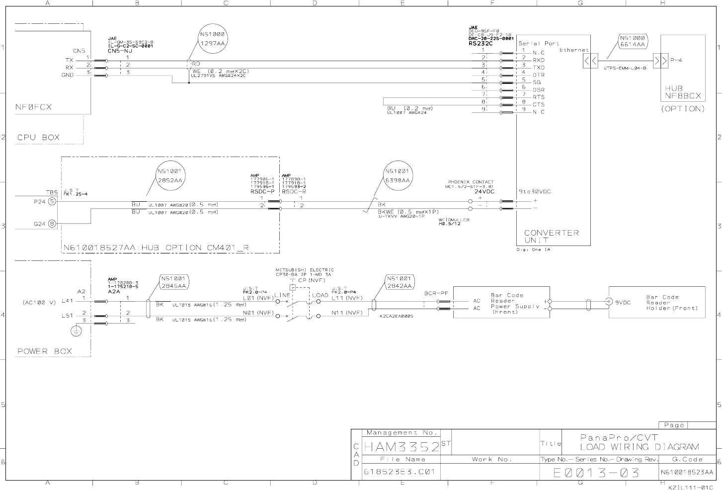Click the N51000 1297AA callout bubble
coord(213,39)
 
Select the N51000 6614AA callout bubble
coord(633,41)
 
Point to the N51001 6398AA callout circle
coord(398,175)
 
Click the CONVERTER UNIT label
coord(551,236)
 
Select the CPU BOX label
coord(38,138)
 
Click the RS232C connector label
coord(481,43)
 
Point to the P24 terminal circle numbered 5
coord(52,201)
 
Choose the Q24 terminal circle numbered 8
coord(52,224)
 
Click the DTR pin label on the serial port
coord(539,75)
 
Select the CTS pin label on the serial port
coord(539,104)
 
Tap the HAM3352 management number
coord(401,446)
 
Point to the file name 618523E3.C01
coord(400,472)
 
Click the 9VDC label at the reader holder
coord(623,302)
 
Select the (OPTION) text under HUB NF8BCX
coord(683,109)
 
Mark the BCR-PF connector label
coord(436,294)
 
